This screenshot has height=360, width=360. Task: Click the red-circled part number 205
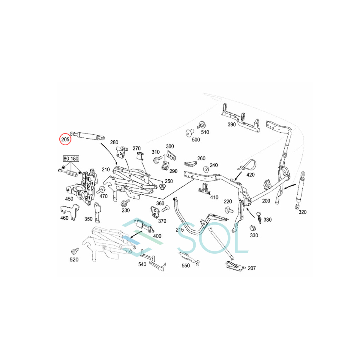[x=65, y=139]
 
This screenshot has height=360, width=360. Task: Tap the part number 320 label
[x=302, y=212]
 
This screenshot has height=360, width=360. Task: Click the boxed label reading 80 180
[x=70, y=158]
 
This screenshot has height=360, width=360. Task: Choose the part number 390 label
[x=232, y=124]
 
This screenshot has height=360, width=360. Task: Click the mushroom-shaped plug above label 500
[x=189, y=133]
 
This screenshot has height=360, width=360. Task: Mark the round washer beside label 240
[x=206, y=169]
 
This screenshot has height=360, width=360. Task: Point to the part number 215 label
[x=180, y=229]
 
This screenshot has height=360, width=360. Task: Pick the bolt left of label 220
[x=228, y=210]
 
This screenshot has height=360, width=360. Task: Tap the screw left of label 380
[x=259, y=217]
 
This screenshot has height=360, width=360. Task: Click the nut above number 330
[x=253, y=229]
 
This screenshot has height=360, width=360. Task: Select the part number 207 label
[x=251, y=268]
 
